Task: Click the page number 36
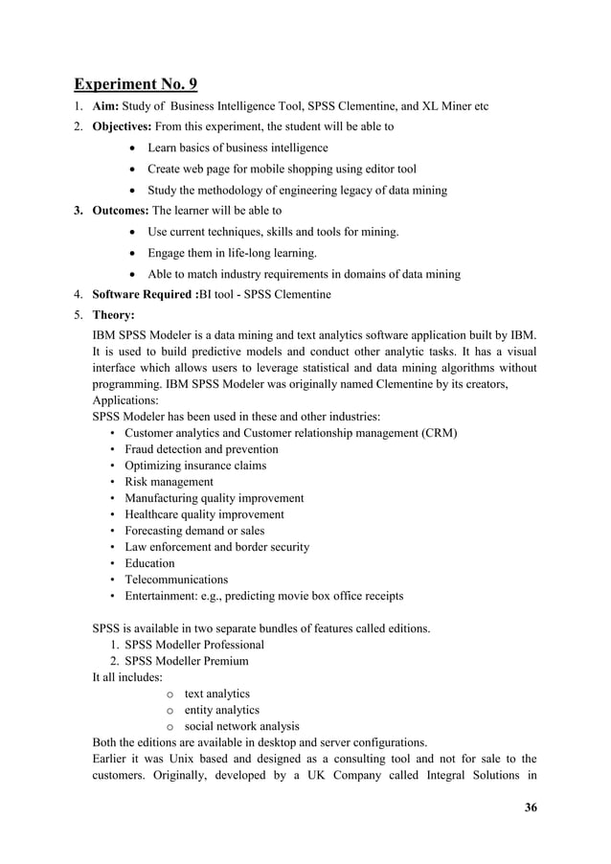(531, 807)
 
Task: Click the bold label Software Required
(151, 294)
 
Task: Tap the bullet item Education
(149, 563)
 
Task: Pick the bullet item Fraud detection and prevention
(201, 449)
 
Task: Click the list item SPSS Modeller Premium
(187, 661)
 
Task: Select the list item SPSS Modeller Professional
(194, 645)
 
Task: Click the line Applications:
(127, 400)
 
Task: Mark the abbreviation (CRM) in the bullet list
(440, 433)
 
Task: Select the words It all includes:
(127, 677)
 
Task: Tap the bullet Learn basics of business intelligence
(238, 148)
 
